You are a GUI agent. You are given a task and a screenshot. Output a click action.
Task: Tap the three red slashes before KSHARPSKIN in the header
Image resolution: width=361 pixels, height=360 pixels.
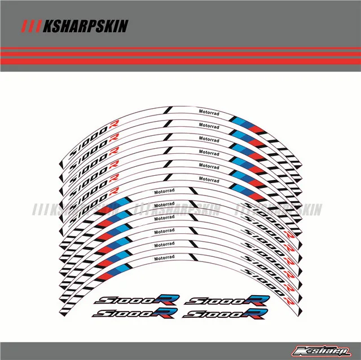pyautogui.click(x=28, y=26)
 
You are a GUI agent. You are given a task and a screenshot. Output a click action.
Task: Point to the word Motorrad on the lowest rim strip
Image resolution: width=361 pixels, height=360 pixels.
pyautogui.click(x=164, y=259)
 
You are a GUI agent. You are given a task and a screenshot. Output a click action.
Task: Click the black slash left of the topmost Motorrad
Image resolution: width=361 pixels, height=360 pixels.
pyautogui.click(x=168, y=111)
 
